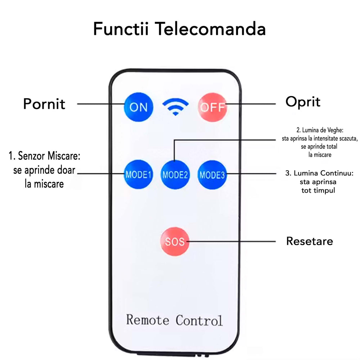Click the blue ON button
[x=139, y=107]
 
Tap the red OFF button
[x=212, y=107]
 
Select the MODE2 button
[x=175, y=175]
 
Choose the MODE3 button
[x=212, y=175]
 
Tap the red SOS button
[x=175, y=241]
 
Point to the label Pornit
[x=44, y=104]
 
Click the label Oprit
[x=303, y=102]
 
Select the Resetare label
[x=310, y=241]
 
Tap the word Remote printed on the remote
[x=148, y=320]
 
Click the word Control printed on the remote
[x=199, y=320]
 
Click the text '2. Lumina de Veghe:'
[x=320, y=130]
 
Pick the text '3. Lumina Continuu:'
[x=319, y=174]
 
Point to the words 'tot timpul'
[x=318, y=190]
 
